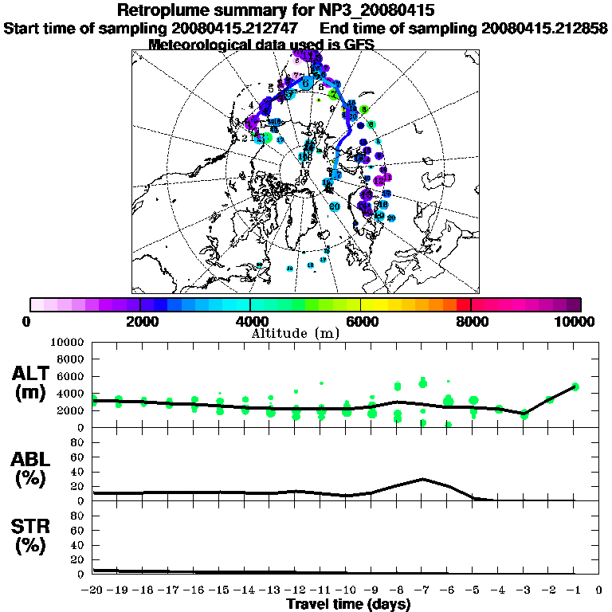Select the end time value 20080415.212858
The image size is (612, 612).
pos(543,29)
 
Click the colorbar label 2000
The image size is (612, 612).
pos(139,321)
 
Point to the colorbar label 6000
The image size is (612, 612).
pos(360,321)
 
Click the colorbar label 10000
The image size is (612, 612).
pos(575,321)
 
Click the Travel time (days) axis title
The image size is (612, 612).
pos(348,604)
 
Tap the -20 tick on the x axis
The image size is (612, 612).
pos(93,590)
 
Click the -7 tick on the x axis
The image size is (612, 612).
pos(422,590)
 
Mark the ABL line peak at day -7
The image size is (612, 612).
pos(423,479)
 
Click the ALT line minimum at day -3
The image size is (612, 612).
pos(524,414)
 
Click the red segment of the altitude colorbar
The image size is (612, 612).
pos(463,304)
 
